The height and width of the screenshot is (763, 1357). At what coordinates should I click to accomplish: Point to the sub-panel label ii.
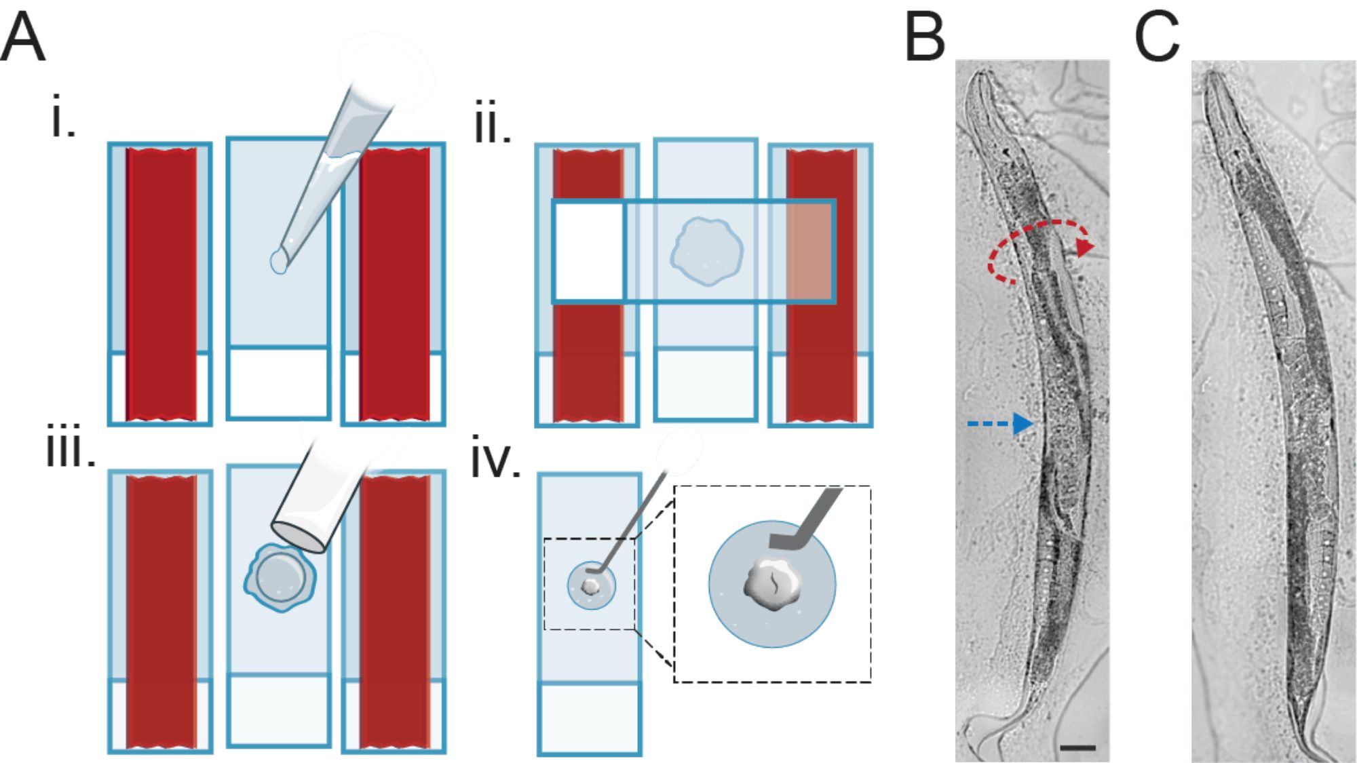[x=492, y=124]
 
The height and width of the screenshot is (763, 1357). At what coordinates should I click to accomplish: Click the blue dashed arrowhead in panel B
[x=1023, y=423]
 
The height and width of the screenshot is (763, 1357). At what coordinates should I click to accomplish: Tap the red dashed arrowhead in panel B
[x=1085, y=247]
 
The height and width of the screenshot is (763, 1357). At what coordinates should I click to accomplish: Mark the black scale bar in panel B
[x=1077, y=748]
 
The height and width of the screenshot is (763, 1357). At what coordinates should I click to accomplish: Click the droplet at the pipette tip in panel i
[x=278, y=261]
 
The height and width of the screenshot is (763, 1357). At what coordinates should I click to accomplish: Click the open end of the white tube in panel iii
[x=299, y=536]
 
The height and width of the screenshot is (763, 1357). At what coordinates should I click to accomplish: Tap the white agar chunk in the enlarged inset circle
[x=773, y=585]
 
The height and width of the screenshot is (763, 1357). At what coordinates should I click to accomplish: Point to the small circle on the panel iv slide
[x=592, y=585]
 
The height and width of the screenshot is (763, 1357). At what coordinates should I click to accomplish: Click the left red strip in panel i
[x=161, y=285]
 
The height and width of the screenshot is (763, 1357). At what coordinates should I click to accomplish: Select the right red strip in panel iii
[x=394, y=610]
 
